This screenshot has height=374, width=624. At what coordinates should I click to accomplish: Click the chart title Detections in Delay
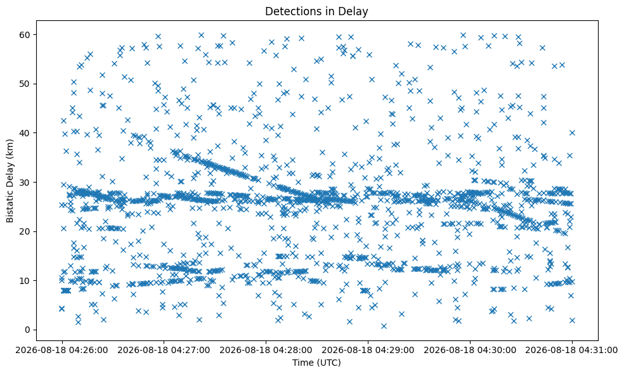point(316,11)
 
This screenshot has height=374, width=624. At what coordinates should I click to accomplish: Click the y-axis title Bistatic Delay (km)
point(10,181)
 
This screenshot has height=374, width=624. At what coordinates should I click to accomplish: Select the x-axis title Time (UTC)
point(316,363)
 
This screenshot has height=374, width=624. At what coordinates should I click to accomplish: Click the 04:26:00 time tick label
point(62,351)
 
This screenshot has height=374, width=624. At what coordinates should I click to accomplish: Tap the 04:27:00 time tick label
point(164,351)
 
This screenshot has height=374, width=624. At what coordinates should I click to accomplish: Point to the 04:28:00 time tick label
point(266,351)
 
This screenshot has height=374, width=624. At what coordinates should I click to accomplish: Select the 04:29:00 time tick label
point(368,351)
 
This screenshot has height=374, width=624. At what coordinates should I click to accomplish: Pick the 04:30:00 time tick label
point(470,351)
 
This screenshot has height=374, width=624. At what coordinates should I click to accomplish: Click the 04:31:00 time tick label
point(572,351)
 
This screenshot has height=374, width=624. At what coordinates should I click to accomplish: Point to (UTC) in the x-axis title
point(328,363)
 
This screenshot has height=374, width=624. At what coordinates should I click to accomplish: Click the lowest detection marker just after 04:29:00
point(384,326)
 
